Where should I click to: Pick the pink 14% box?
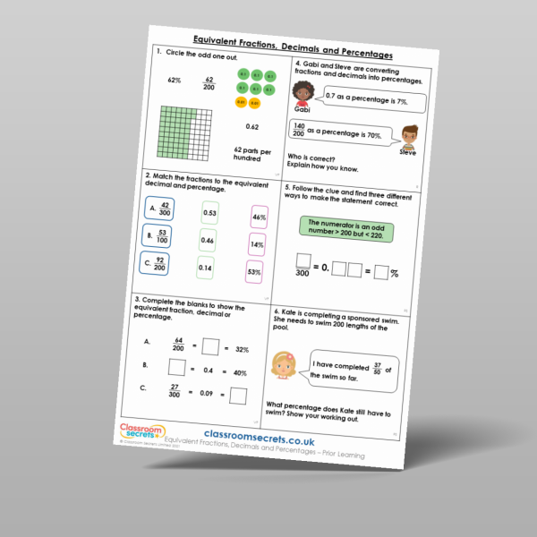pyautogui.click(x=258, y=243)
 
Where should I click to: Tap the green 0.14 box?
pyautogui.click(x=205, y=267)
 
